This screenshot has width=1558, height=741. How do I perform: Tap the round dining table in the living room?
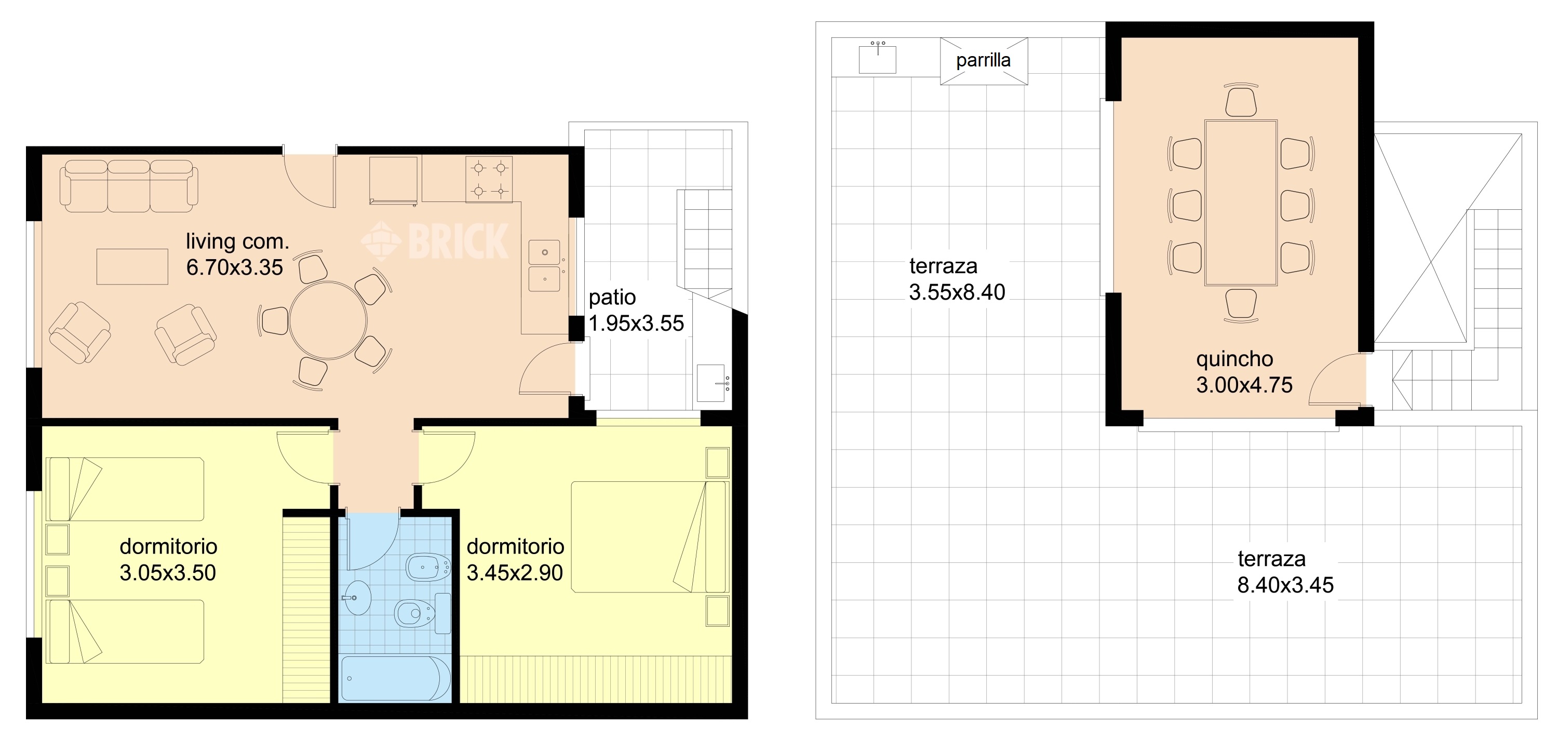328,320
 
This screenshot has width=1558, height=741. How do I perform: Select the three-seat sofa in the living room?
129,186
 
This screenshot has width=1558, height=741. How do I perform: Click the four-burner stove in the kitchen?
489,179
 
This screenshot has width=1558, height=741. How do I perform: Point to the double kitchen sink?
544,266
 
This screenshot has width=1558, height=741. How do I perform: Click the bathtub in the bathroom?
396,678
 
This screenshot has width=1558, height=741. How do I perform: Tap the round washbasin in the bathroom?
357,598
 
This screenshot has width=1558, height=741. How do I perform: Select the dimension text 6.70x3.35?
235,267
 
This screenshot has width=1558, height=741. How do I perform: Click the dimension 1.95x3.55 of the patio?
636,324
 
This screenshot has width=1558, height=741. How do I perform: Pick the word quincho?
1234,359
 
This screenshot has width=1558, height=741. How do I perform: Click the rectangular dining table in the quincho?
1241,203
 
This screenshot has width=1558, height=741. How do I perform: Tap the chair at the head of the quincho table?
1241,100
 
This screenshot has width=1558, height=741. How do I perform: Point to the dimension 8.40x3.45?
1285,585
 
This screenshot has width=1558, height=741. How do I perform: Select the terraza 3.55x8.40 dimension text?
957,292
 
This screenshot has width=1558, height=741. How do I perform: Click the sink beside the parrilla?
877,59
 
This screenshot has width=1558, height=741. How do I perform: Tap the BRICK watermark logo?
435,241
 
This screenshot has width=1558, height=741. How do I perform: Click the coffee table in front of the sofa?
132,266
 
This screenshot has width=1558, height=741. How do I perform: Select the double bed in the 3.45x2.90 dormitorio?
650,536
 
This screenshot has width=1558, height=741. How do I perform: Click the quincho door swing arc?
1331,369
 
